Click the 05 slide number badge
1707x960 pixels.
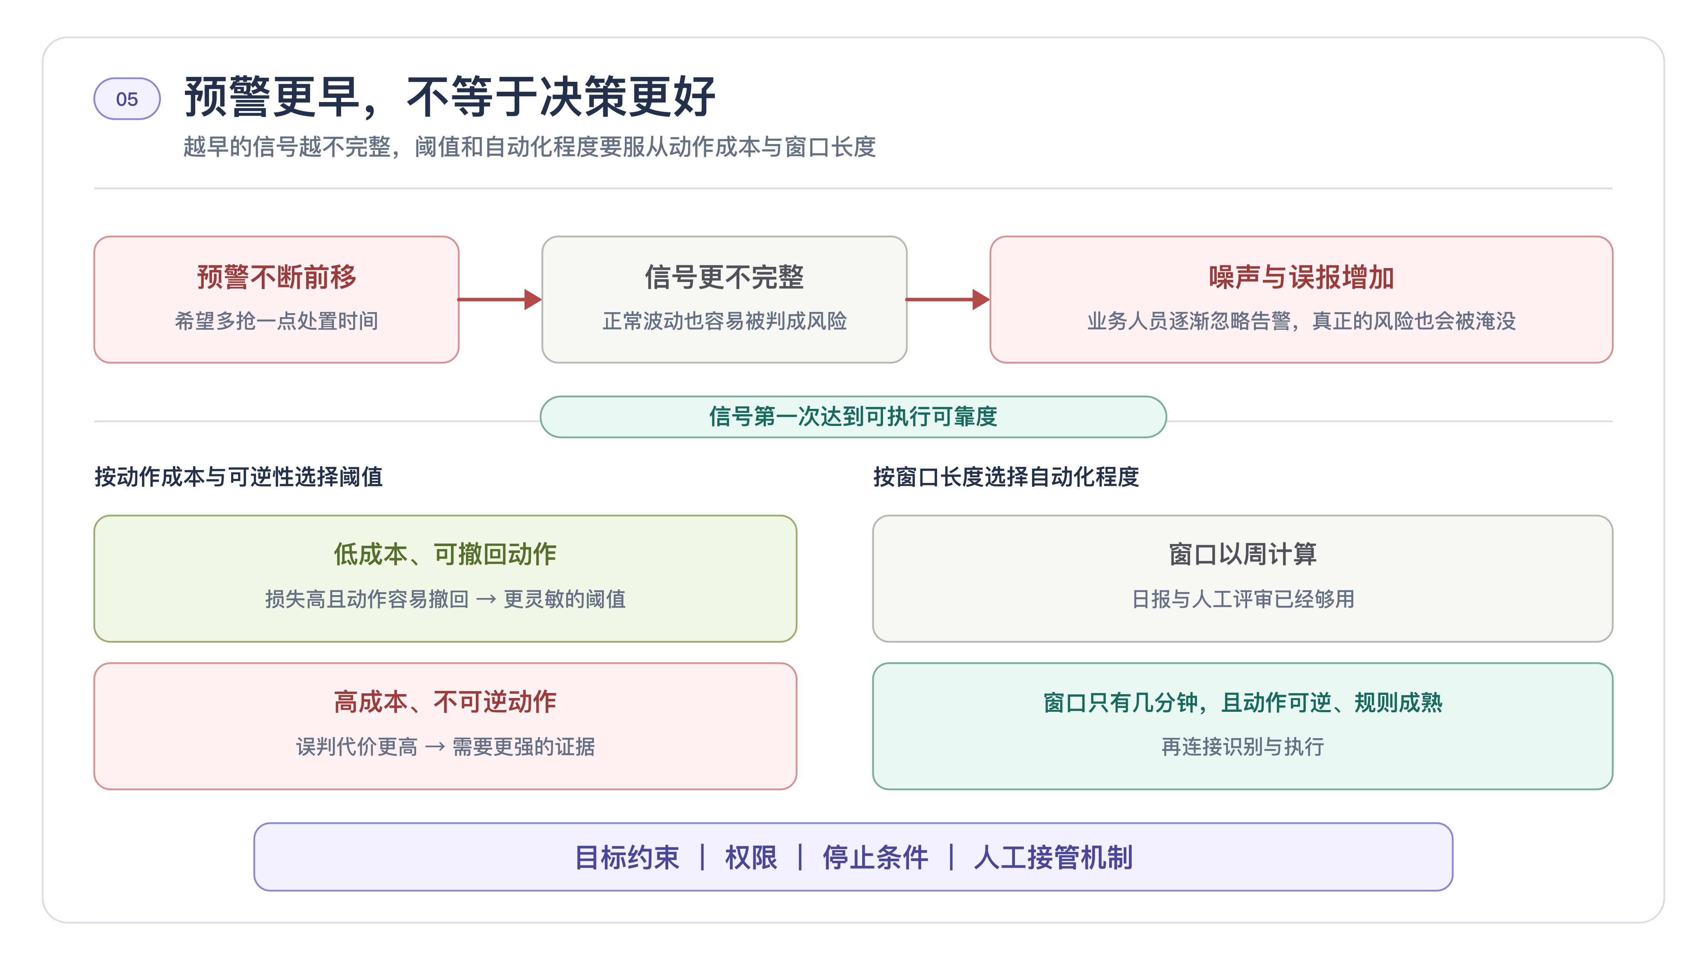(127, 99)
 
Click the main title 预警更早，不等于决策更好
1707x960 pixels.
(449, 97)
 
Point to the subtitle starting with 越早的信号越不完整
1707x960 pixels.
(530, 146)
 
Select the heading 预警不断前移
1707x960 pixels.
(276, 277)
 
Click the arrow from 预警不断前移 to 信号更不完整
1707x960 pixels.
(500, 299)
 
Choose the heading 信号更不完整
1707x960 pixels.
(724, 277)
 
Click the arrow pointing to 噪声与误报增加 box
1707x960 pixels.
(948, 299)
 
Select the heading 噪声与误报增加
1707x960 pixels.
(1302, 277)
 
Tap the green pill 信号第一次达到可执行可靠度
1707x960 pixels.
(854, 417)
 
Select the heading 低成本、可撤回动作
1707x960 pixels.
(445, 554)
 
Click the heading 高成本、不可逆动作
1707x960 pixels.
(445, 702)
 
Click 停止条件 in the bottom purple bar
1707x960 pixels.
(875, 857)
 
